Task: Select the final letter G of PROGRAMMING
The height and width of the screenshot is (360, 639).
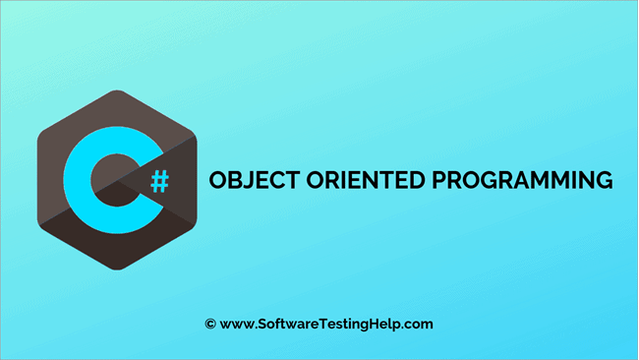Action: [603, 181]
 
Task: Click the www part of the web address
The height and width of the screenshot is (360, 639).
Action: [237, 324]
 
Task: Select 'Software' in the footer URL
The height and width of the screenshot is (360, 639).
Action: [287, 323]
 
